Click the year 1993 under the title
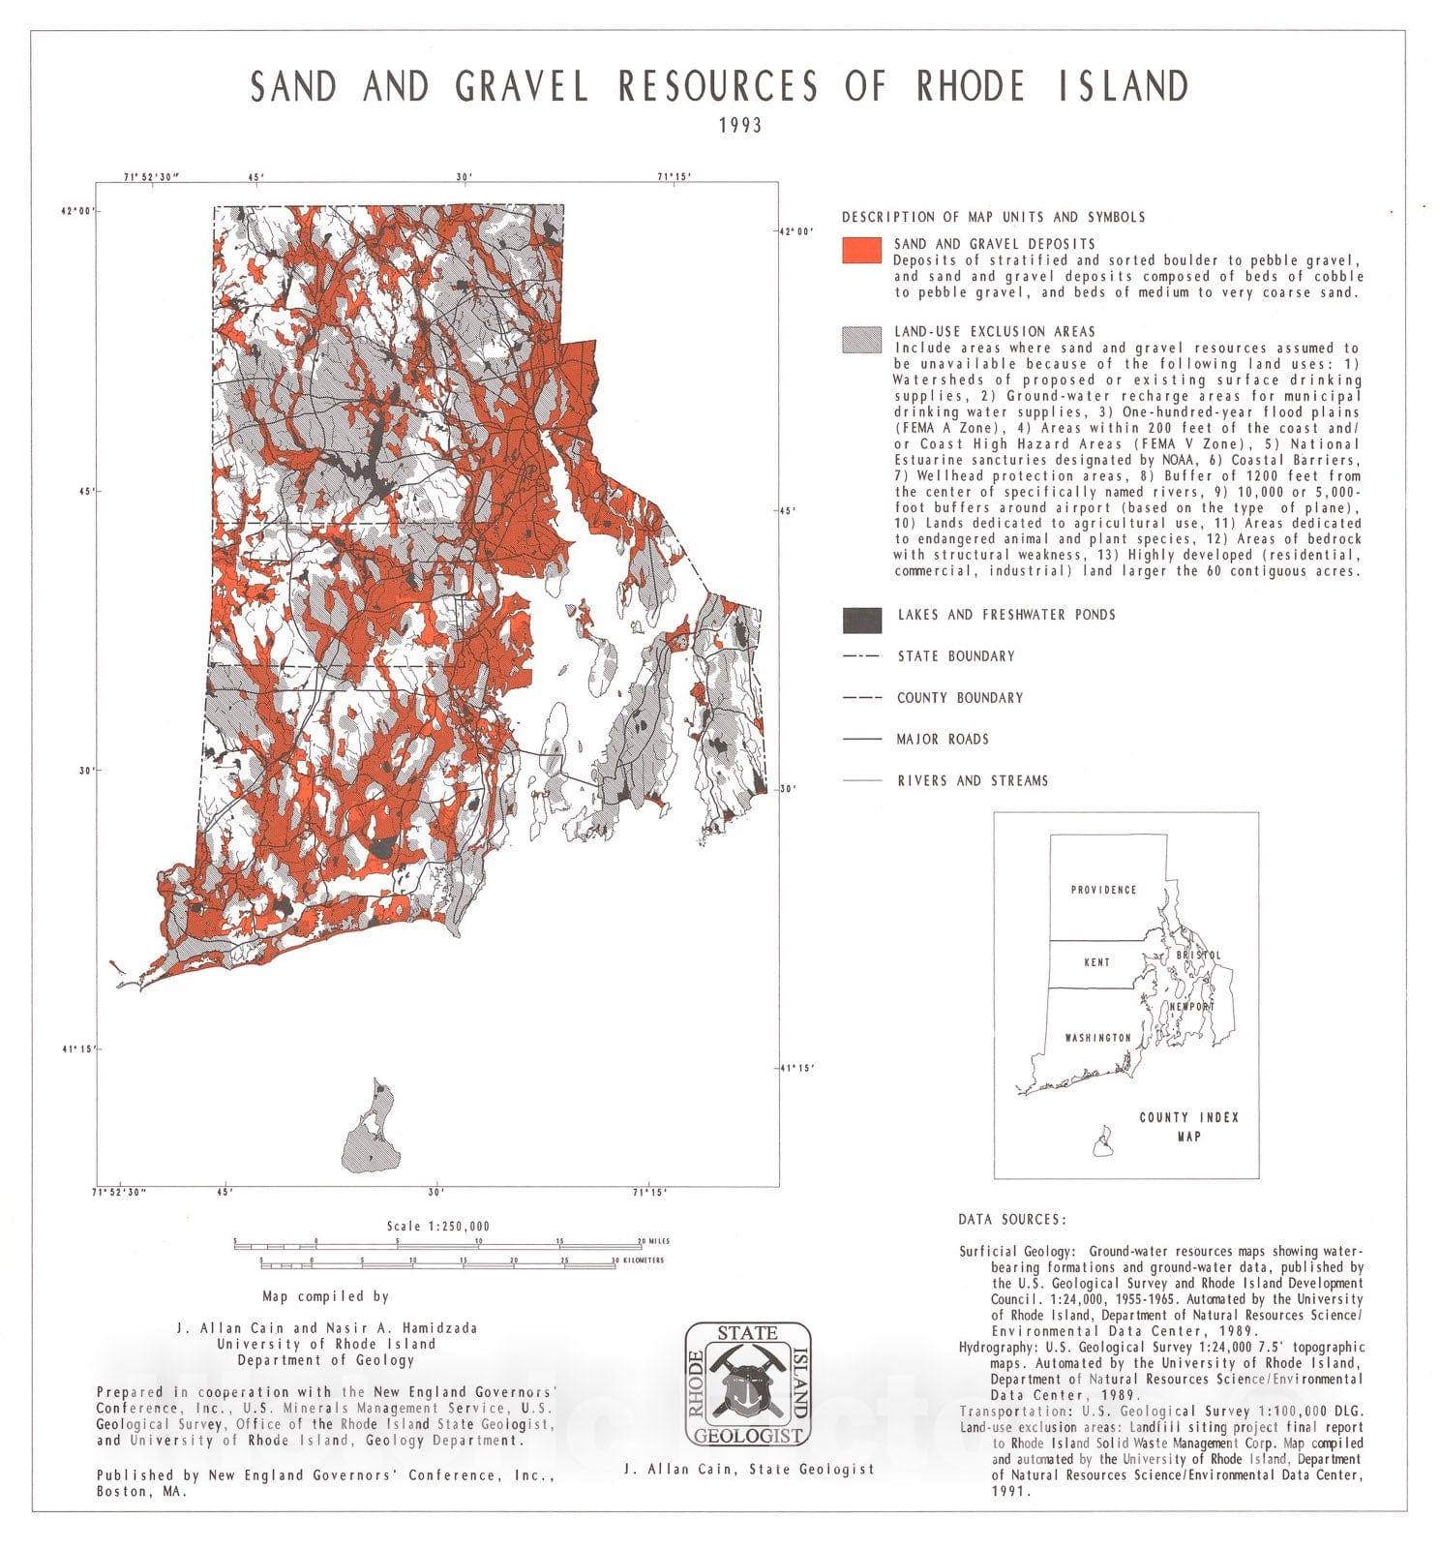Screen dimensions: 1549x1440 point(739,125)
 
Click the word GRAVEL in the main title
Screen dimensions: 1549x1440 point(522,87)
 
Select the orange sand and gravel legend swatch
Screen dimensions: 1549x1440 point(861,251)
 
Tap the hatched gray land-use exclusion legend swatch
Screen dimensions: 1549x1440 point(861,339)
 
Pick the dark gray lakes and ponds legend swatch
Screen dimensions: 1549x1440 point(861,620)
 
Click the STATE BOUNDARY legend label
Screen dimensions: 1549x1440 point(955,656)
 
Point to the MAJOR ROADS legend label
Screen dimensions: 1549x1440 point(942,740)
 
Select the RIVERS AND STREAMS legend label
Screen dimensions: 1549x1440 point(972,781)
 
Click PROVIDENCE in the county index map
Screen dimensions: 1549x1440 point(1103,890)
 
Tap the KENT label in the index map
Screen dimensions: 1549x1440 point(1096,962)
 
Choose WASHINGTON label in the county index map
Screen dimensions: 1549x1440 point(1097,1038)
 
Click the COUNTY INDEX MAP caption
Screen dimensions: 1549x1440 point(1188,1127)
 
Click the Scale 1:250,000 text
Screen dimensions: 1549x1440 point(438,1226)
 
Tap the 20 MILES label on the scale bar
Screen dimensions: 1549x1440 point(653,1241)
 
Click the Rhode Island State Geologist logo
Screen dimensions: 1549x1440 point(747,1384)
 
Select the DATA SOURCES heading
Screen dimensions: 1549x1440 point(1011,1220)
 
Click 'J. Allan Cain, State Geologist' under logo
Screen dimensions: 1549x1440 point(748,1470)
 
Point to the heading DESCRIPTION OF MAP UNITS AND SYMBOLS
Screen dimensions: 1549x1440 point(993,217)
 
